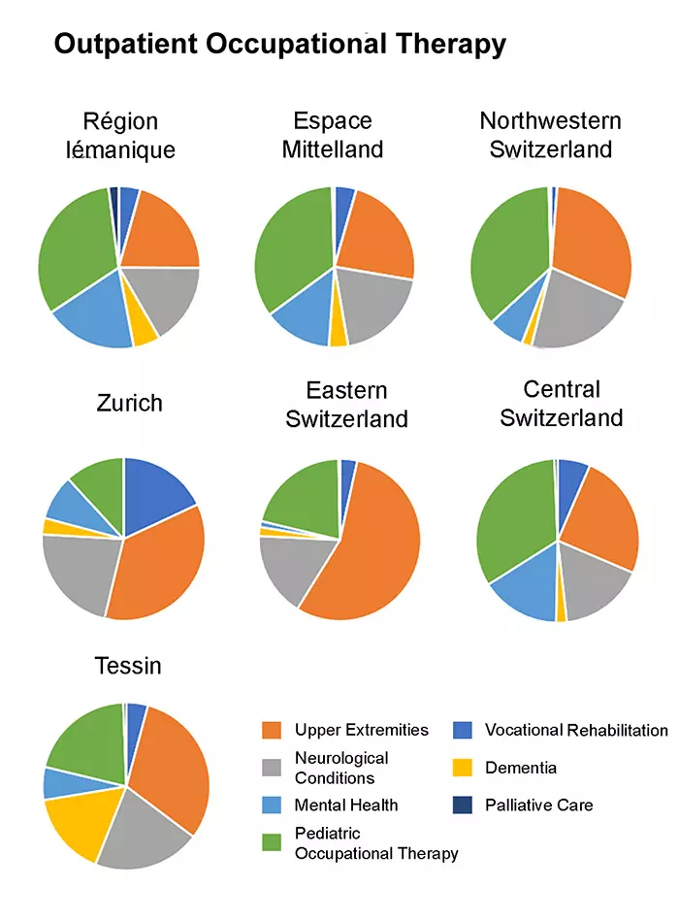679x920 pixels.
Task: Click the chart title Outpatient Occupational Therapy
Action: [279, 45]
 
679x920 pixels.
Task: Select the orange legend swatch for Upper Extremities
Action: [274, 730]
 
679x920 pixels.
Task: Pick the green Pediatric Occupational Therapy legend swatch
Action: [274, 842]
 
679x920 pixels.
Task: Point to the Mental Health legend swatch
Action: [274, 805]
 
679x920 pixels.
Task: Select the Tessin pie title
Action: [128, 666]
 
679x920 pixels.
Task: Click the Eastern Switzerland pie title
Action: [346, 404]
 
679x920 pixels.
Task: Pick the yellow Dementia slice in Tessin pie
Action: [82, 820]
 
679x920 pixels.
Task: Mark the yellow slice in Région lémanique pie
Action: [145, 331]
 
